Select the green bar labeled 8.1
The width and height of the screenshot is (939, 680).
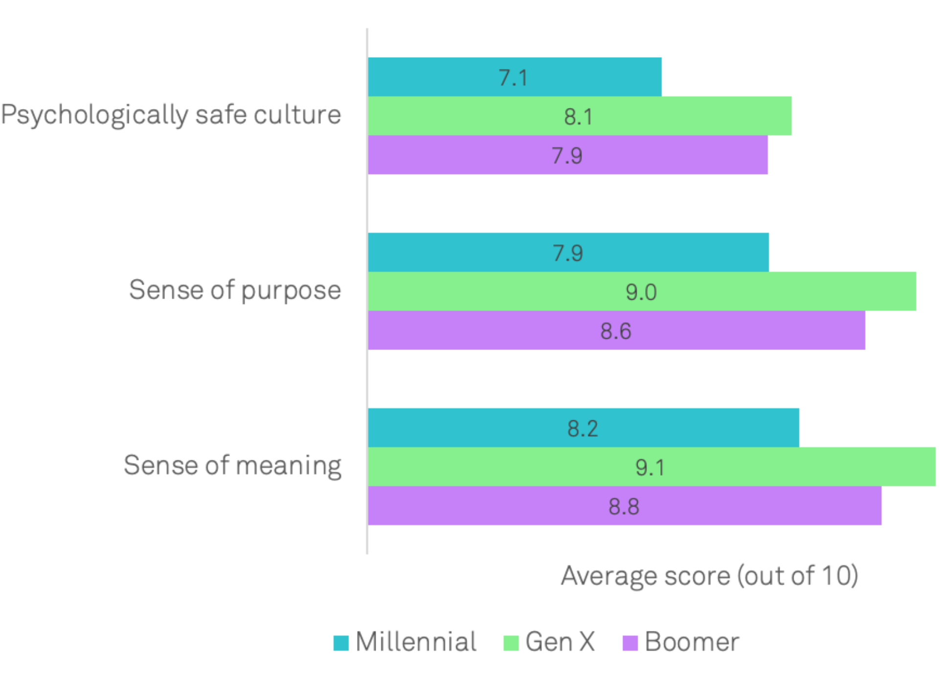tap(580, 116)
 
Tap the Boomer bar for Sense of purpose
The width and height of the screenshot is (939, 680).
tap(616, 330)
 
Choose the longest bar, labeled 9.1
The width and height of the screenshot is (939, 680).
tap(651, 467)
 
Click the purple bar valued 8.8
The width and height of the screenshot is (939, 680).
tap(624, 506)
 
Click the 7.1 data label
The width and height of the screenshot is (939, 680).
tap(513, 78)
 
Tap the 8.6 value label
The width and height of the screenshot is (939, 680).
tap(616, 331)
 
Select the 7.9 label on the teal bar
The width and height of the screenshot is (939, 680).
tap(568, 253)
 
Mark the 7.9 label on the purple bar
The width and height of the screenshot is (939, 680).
tap(567, 156)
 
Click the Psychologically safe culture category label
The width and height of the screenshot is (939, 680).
tap(171, 115)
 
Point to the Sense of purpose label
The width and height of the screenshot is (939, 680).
tap(235, 290)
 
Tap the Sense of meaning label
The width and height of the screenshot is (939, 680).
tap(232, 465)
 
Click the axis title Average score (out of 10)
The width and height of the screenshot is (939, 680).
tap(709, 576)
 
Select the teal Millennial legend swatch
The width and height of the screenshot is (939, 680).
tap(341, 643)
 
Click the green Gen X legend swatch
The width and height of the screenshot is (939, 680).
tap(511, 643)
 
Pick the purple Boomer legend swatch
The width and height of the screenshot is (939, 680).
tap(630, 643)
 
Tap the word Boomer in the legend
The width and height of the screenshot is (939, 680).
tap(692, 642)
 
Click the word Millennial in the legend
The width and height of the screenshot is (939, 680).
tap(416, 642)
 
